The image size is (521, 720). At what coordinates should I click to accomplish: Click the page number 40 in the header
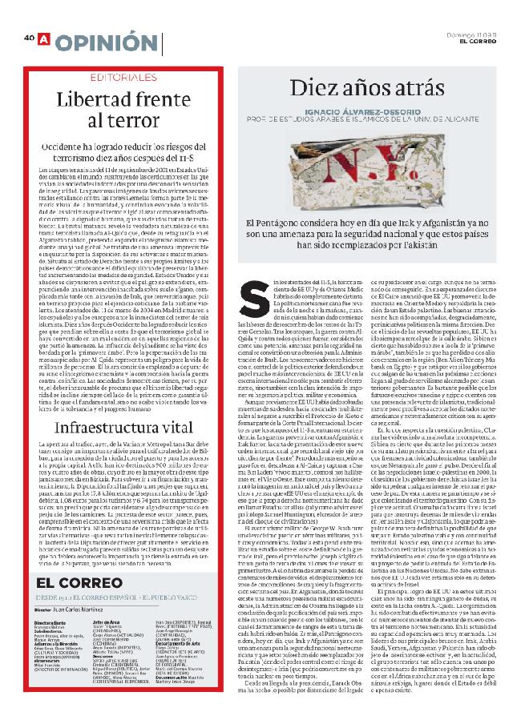pyautogui.click(x=29, y=38)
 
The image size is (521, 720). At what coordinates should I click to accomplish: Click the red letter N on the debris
pyautogui.click(x=320, y=171)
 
